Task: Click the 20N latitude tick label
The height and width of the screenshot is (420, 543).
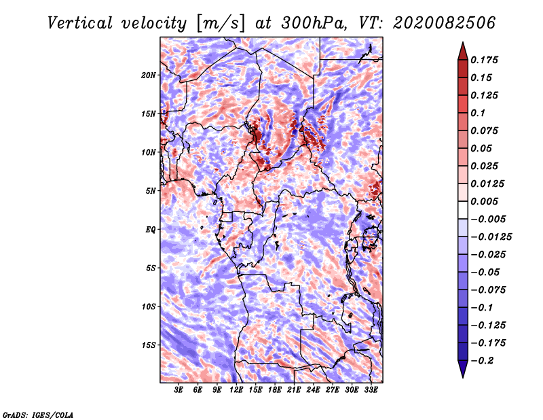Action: [148, 75]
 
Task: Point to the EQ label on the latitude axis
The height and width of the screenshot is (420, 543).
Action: [150, 230]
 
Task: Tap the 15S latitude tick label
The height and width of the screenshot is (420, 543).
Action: [148, 345]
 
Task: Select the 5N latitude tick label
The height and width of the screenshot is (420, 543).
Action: [150, 191]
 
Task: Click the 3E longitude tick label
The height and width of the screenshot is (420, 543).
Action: [179, 390]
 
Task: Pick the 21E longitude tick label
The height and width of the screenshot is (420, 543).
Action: [294, 390]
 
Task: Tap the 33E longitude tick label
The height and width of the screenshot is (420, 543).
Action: [371, 390]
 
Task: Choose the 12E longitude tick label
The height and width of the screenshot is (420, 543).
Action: [236, 390]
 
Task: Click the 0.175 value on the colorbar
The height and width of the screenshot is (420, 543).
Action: [484, 60]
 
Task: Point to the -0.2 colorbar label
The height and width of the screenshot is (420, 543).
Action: [482, 361]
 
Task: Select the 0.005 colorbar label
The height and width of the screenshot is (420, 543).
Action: [484, 201]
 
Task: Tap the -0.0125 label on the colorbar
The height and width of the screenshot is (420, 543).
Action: [491, 237]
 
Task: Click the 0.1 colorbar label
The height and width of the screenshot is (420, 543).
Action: [478, 113]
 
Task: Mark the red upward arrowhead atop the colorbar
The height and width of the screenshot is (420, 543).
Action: [463, 51]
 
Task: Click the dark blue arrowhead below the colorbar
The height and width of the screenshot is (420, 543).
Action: [463, 369]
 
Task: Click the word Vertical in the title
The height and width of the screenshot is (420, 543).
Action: [80, 23]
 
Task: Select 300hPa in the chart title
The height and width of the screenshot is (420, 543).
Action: [314, 23]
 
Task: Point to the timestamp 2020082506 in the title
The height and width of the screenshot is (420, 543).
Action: [444, 23]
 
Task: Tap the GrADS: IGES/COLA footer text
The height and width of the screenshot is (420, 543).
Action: [38, 415]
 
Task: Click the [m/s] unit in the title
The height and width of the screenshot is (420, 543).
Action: [221, 24]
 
